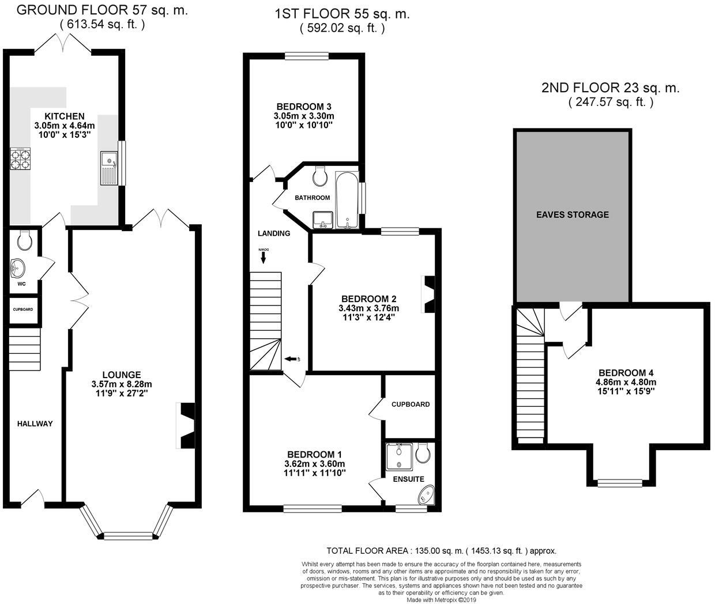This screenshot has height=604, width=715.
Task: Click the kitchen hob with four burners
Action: point(20,159)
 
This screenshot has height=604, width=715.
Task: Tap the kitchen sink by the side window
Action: point(109,168)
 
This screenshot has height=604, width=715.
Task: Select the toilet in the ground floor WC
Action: point(24,240)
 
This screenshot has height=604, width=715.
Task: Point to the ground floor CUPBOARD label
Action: point(23,309)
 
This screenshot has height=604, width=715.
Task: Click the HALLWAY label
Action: point(35,424)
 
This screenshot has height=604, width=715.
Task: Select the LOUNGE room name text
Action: point(122,375)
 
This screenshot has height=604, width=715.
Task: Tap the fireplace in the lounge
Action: point(186,426)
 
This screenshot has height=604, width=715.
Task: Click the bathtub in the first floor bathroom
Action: point(347,199)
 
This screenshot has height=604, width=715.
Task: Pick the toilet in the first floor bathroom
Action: point(320,176)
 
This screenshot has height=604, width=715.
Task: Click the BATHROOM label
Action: point(313,198)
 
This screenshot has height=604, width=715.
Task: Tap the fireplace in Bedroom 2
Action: point(429,295)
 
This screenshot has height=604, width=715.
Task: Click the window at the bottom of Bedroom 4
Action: point(620,482)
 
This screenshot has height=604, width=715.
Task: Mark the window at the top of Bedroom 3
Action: point(306,56)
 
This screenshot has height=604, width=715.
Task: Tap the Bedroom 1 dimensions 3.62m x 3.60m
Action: point(315,464)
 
